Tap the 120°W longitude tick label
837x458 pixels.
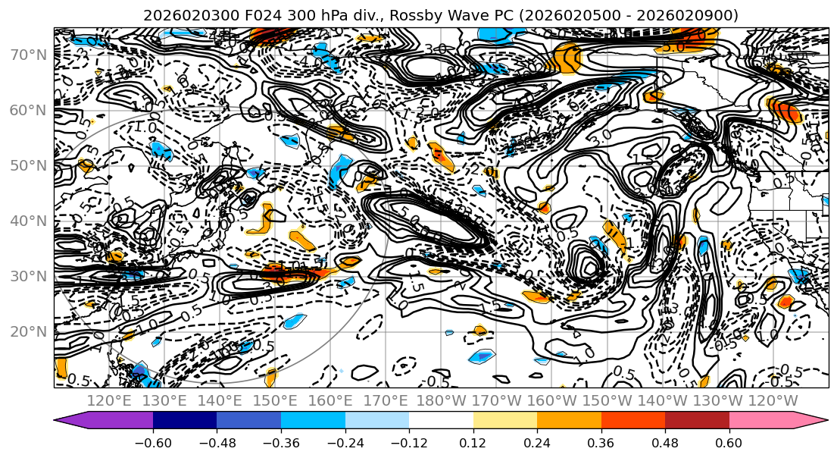tap(773, 400)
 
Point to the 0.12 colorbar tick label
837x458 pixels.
tap(473, 442)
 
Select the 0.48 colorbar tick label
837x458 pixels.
tap(665, 442)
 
